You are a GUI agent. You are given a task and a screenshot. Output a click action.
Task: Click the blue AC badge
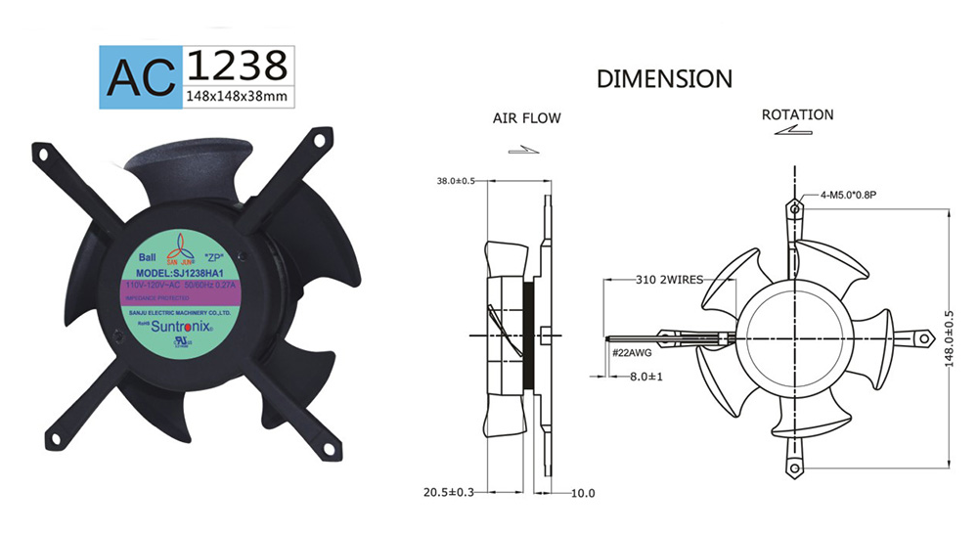[x=140, y=74]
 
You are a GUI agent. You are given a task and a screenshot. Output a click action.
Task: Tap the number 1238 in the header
[x=236, y=64]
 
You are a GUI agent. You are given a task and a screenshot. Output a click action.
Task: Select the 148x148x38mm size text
[x=236, y=96]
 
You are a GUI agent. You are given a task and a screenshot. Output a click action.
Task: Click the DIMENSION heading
[x=664, y=78]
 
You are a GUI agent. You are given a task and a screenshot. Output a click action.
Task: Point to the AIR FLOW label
[x=526, y=118]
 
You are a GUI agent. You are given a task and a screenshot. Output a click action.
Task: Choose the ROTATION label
[x=797, y=114]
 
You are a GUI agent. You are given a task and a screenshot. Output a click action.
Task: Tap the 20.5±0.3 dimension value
[x=449, y=492]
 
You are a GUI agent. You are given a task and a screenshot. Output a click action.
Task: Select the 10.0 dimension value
[x=583, y=493]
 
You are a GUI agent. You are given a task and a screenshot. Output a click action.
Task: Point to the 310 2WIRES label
[x=670, y=279]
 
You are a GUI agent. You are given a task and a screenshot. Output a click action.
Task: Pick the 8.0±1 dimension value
[x=645, y=376]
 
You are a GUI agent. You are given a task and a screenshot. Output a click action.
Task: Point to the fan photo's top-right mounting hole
[x=319, y=140]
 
